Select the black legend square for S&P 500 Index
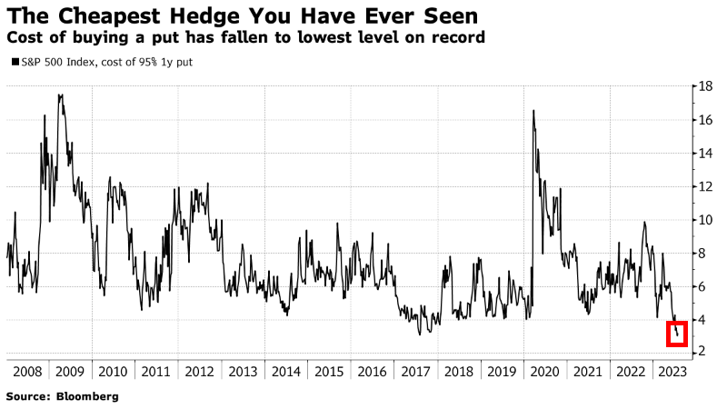point(11,63)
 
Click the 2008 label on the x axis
point(29,372)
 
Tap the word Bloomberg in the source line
point(87,397)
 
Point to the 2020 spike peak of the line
point(533,111)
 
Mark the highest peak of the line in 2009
point(60,95)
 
